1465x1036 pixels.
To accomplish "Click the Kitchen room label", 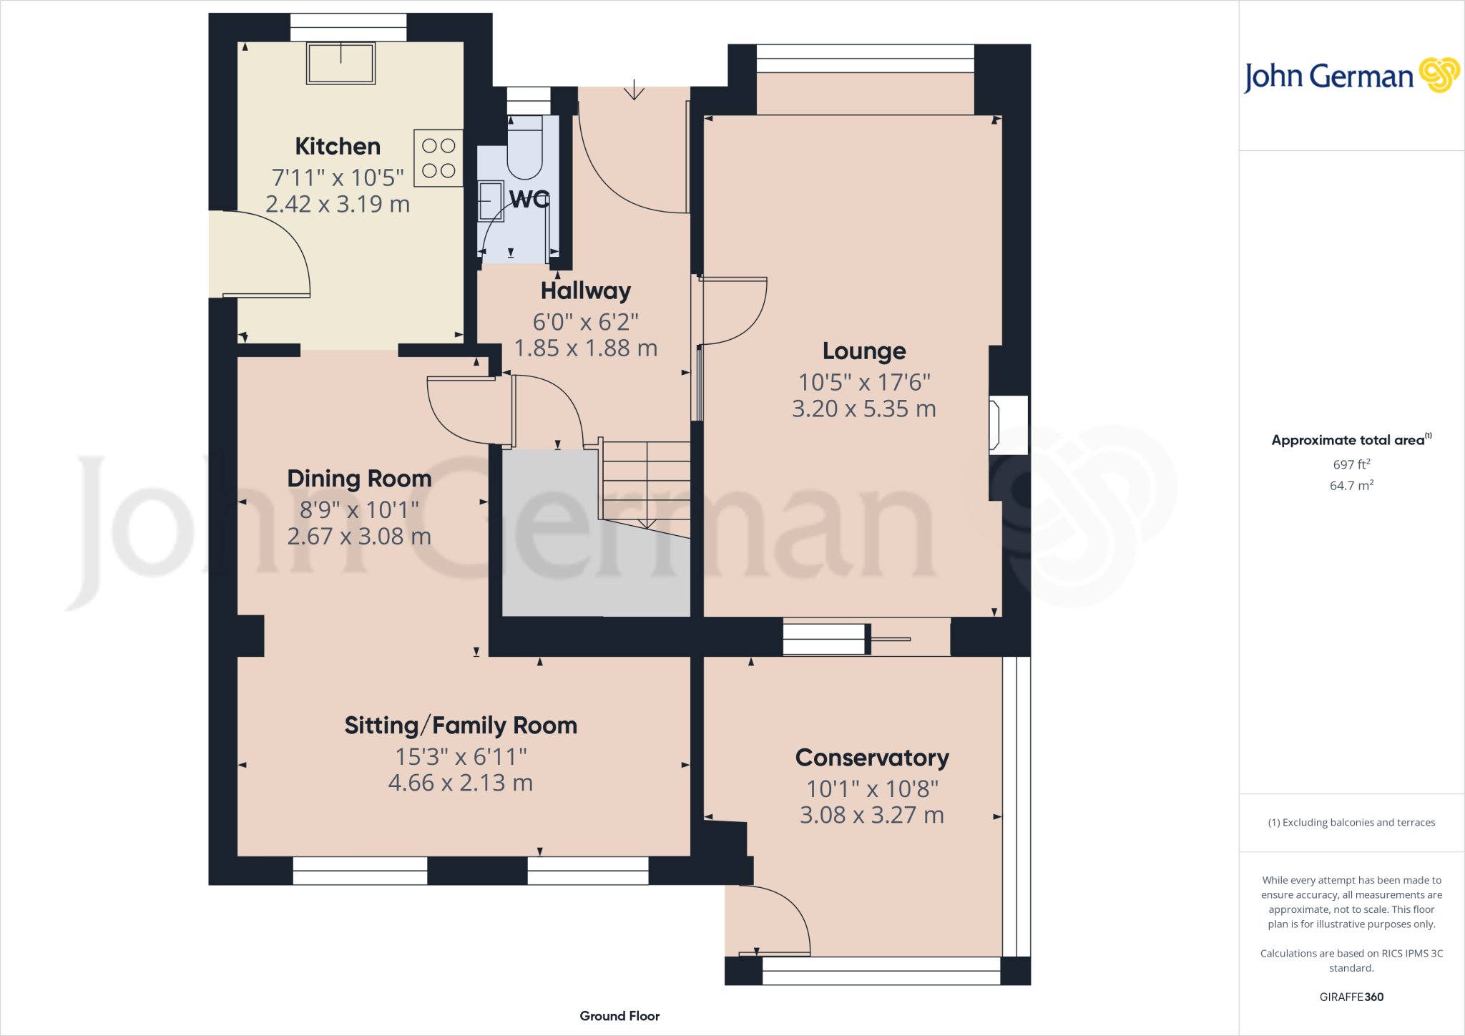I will (338, 147).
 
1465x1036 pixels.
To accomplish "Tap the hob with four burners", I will (438, 158).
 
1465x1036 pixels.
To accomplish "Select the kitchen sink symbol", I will (340, 64).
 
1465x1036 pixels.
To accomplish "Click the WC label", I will (529, 199).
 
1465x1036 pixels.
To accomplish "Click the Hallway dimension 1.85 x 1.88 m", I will (585, 348).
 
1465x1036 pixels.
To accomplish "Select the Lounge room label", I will (864, 351).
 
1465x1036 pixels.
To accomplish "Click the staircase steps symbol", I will (646, 481).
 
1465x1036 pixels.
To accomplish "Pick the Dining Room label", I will (359, 479).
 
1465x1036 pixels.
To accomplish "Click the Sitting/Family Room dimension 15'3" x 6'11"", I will (461, 756).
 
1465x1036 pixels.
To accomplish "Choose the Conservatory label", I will (872, 758).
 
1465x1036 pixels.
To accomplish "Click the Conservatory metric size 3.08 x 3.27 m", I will (872, 815).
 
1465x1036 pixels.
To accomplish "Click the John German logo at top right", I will (1351, 76).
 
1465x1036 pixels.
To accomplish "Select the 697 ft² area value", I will (1351, 464).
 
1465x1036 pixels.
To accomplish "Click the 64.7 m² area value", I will (1351, 486).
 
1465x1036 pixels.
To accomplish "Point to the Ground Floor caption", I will (619, 1016).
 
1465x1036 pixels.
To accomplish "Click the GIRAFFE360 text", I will (1351, 997).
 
